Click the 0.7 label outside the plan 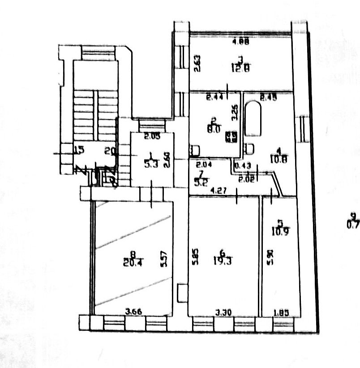[x=354, y=225]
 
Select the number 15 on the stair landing [x=79, y=151]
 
